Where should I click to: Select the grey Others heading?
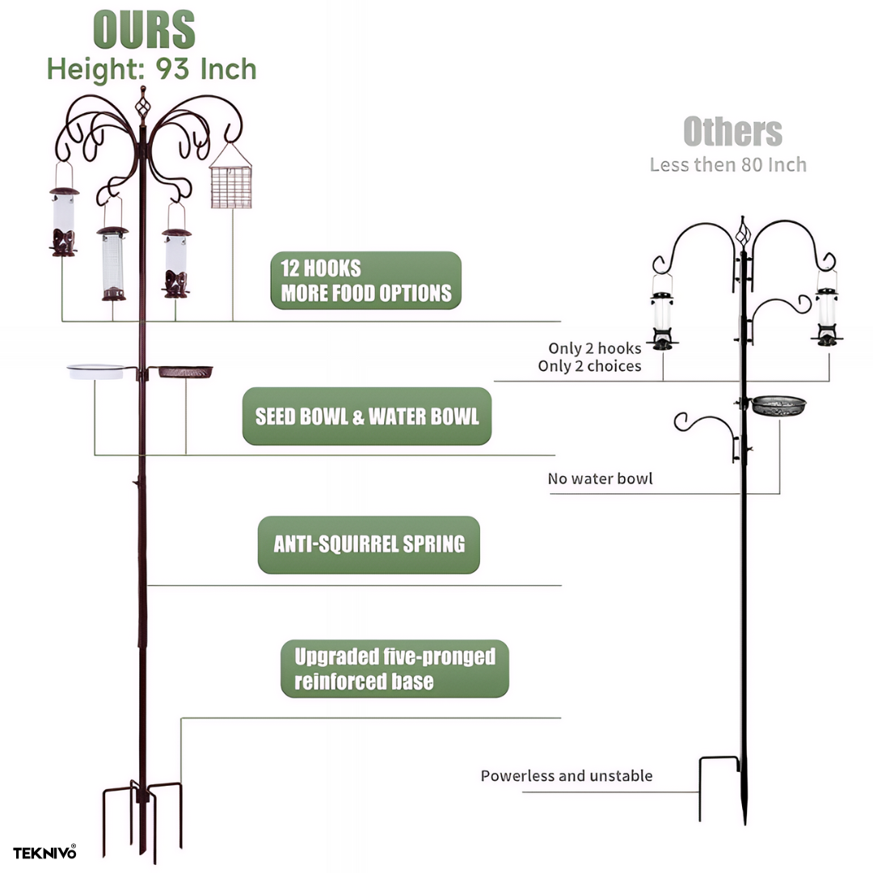tap(732, 132)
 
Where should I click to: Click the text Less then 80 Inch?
tap(727, 165)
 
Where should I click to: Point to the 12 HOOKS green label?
tap(365, 280)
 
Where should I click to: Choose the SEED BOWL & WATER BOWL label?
tap(367, 416)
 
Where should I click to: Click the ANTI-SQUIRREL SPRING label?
tap(369, 544)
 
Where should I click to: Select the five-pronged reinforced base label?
tap(394, 668)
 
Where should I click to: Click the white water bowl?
tap(95, 371)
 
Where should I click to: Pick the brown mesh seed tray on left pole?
tap(185, 371)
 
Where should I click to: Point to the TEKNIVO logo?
tap(44, 853)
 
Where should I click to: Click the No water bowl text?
tap(600, 479)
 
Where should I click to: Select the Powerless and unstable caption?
tap(566, 776)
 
